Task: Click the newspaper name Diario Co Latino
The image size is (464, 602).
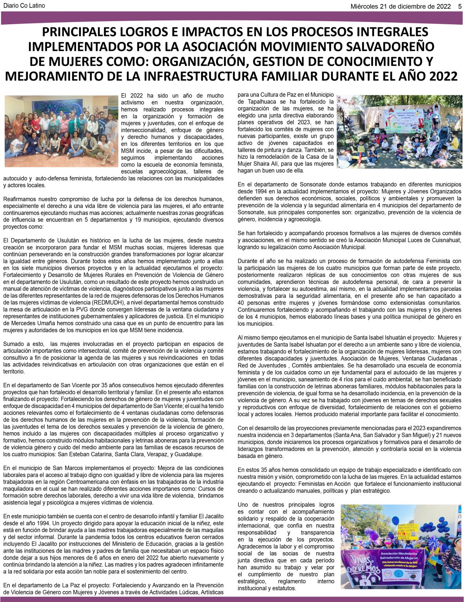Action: [x=24, y=6]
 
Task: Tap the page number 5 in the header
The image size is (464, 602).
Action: [x=460, y=6]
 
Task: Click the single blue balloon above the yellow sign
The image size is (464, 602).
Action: [x=395, y=520]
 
